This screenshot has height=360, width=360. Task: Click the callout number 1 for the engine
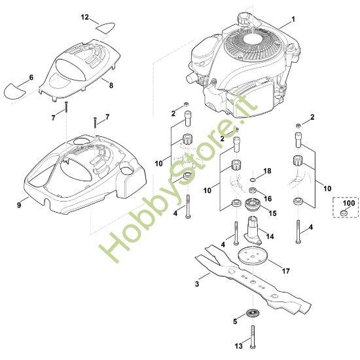click(293, 19)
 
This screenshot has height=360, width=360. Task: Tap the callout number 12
click(84, 17)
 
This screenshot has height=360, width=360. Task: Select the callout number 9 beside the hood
click(19, 205)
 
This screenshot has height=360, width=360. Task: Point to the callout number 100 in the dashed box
click(349, 203)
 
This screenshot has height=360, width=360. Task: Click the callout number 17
click(285, 271)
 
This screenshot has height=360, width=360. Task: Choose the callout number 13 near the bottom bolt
click(239, 346)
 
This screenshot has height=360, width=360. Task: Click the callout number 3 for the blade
click(197, 284)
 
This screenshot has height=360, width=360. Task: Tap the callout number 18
click(267, 171)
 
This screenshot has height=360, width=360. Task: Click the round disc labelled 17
click(253, 256)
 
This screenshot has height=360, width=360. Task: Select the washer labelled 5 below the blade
click(252, 313)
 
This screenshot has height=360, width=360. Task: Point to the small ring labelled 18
click(252, 179)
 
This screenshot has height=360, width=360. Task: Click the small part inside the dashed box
click(344, 213)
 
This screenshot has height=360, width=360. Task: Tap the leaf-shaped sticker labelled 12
click(105, 27)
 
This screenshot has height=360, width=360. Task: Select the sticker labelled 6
click(14, 91)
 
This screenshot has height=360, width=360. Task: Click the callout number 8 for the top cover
click(111, 85)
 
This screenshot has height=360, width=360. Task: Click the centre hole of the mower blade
click(253, 281)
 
